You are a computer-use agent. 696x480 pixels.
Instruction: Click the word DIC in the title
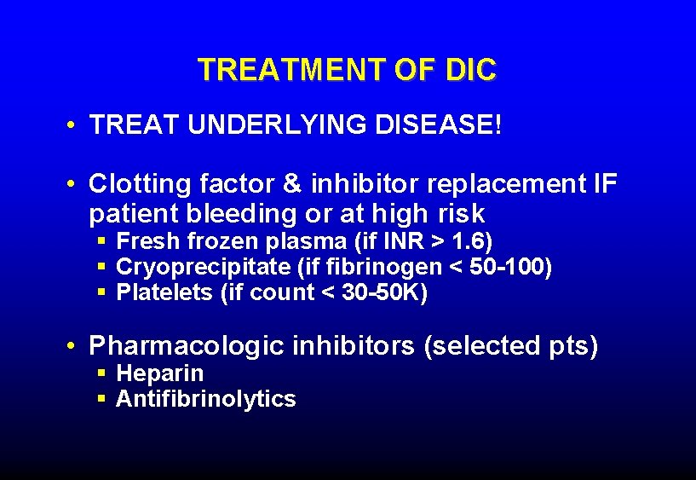(469, 70)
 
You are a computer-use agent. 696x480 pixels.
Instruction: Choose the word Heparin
(159, 373)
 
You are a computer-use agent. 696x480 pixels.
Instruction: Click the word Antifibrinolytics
(205, 399)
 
